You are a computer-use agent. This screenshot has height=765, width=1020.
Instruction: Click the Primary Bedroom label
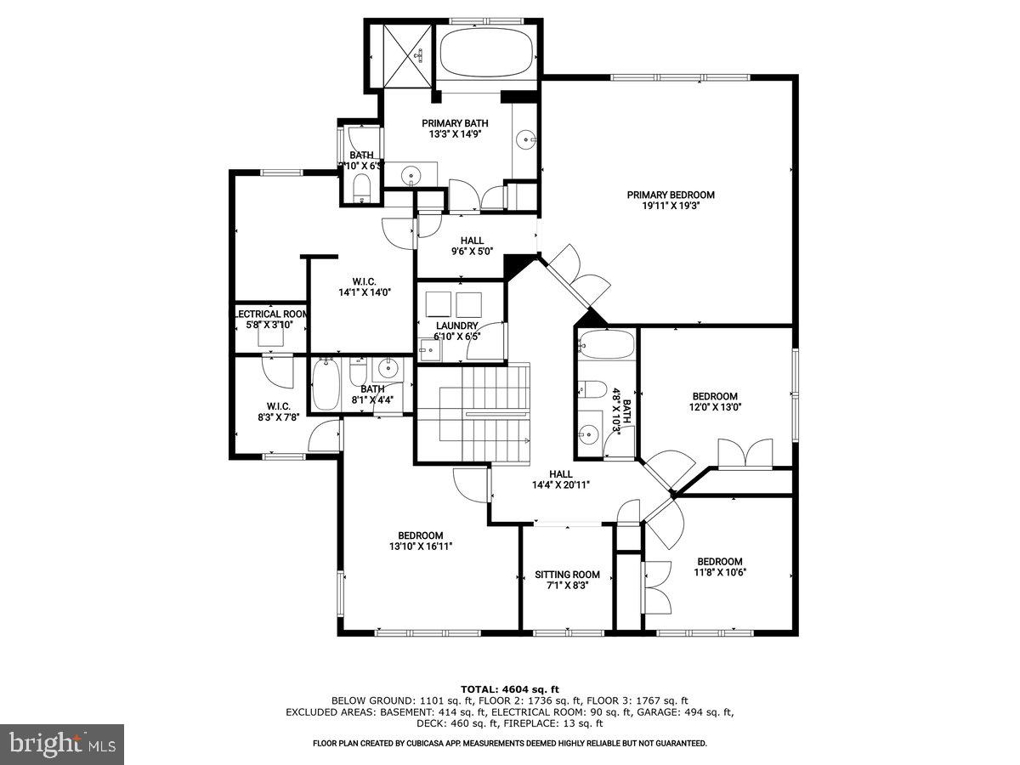pyautogui.click(x=671, y=195)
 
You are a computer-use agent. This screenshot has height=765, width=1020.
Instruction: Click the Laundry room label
pyautogui.click(x=456, y=326)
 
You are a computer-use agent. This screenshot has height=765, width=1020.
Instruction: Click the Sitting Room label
pyautogui.click(x=567, y=575)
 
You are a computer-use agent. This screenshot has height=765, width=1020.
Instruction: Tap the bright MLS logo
pyautogui.click(x=62, y=745)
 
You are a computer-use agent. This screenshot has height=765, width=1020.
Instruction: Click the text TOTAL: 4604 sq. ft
pyautogui.click(x=509, y=688)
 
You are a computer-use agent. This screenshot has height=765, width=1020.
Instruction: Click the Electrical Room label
pyautogui.click(x=270, y=314)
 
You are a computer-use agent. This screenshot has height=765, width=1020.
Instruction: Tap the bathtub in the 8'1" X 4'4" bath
pyautogui.click(x=326, y=385)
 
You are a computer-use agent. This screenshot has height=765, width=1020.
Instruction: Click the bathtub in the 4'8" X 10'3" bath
pyautogui.click(x=606, y=344)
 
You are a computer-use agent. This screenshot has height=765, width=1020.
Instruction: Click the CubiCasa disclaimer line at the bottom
pyautogui.click(x=509, y=743)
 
